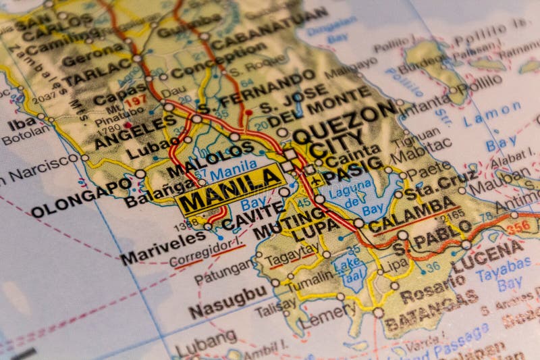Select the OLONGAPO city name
pos(81,197)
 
